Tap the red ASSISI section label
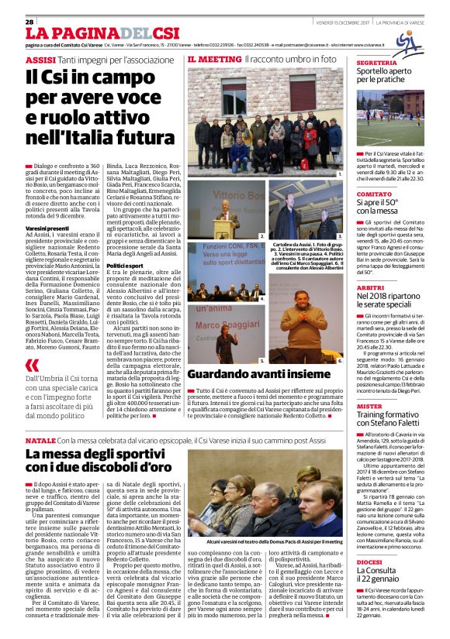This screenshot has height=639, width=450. pyautogui.click(x=40, y=60)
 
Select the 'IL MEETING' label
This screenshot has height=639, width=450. pyautogui.click(x=214, y=59)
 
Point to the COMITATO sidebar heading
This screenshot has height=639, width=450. pyautogui.click(x=374, y=194)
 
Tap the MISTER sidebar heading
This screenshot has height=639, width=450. pyautogui.click(x=369, y=406)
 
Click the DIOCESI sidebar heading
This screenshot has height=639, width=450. pyautogui.click(x=370, y=562)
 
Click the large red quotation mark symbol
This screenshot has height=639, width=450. pyautogui.click(x=32, y=365)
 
